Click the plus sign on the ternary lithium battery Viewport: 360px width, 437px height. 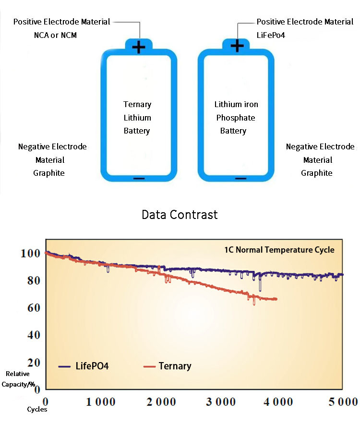(139, 47)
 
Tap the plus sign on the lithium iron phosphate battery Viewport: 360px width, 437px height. (237, 46)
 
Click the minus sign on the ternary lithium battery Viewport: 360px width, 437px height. (139, 178)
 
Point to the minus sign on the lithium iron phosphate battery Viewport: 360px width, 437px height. (240, 178)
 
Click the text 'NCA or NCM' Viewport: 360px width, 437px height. (56, 35)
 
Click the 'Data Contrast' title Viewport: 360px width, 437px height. (180, 215)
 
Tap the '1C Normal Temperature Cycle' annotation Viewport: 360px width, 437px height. (279, 250)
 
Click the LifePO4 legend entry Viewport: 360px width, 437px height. (84, 366)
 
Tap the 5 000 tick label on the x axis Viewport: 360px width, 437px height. (343, 401)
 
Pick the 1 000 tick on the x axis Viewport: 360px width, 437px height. (101, 401)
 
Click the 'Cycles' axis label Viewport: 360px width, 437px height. (37, 410)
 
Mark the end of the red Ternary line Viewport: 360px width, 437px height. (276, 299)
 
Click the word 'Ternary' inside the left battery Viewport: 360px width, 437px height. (137, 104)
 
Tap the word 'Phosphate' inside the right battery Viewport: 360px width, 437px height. (236, 118)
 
